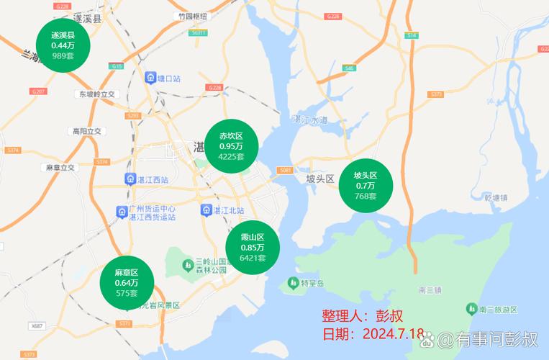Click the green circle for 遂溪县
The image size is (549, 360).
tap(63, 45)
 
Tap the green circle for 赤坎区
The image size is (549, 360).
tap(232, 146)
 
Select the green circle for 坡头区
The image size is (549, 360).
tap(366, 185)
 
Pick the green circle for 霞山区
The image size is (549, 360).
tap(253, 248)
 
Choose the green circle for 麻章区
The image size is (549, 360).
tap(127, 282)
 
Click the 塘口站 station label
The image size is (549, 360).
tap(167, 77)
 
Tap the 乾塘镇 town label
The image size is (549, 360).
tap(496, 197)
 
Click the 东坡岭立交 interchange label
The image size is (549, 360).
tap(97, 94)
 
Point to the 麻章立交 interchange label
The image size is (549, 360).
tap(60, 167)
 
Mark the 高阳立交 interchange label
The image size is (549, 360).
tap(87, 131)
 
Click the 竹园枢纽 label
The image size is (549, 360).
tap(191, 16)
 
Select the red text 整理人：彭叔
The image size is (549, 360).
tap(362, 316)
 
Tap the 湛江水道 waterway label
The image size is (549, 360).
tap(310, 120)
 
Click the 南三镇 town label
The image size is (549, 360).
tap(429, 290)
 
